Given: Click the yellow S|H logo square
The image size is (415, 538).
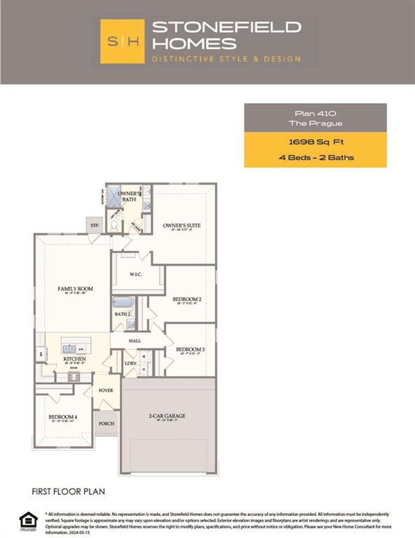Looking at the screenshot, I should [x=122, y=41].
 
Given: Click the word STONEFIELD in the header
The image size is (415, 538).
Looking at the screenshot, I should [x=227, y=27].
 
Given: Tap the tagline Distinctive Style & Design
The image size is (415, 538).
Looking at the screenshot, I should [x=227, y=59].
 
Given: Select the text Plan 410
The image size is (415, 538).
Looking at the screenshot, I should [x=315, y=113].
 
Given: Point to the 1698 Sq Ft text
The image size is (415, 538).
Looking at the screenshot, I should [x=315, y=142].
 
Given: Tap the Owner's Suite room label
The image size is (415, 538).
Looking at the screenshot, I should [x=182, y=226].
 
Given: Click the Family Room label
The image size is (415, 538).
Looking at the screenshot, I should [x=75, y=289].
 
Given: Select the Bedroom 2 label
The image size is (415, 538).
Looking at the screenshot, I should [x=187, y=299].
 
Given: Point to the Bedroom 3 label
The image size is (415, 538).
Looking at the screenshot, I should [x=190, y=349].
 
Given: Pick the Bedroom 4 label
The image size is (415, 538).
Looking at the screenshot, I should [x=63, y=417].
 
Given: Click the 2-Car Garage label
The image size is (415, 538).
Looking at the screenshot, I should [x=167, y=416].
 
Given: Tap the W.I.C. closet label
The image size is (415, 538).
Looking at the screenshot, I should [x=136, y=275].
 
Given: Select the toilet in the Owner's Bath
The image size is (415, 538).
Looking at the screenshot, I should [x=114, y=225].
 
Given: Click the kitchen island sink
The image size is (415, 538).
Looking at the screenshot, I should [x=69, y=348].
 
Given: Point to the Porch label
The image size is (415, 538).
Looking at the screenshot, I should [x=107, y=424].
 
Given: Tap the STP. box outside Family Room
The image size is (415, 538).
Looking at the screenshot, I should [x=94, y=225].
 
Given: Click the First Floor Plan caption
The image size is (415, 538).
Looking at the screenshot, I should [x=68, y=491].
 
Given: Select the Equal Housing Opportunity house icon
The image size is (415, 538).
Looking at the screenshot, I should [x=28, y=521].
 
